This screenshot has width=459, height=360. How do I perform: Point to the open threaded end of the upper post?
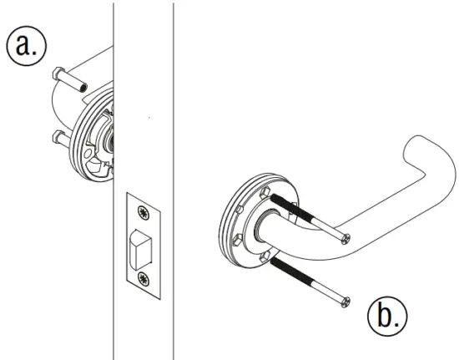(83, 86)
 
